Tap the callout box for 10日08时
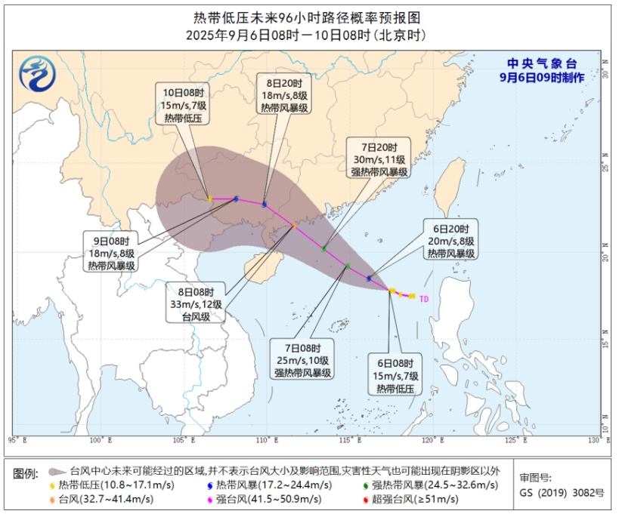point(182,105)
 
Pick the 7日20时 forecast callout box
point(379,159)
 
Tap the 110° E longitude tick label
point(264,439)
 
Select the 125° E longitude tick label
point(513,439)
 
